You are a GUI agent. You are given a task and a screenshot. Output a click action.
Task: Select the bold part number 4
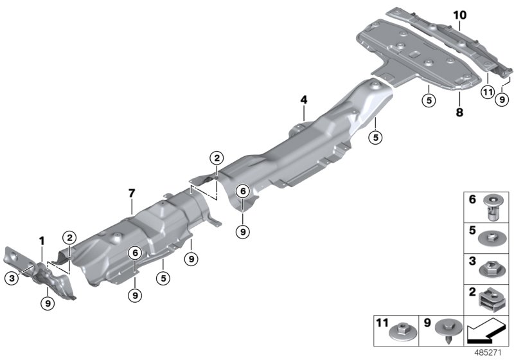304,100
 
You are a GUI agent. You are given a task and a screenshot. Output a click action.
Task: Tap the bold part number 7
132,193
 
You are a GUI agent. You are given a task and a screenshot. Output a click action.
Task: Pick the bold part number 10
459,14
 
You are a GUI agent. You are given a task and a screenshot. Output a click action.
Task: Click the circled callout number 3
12,278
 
